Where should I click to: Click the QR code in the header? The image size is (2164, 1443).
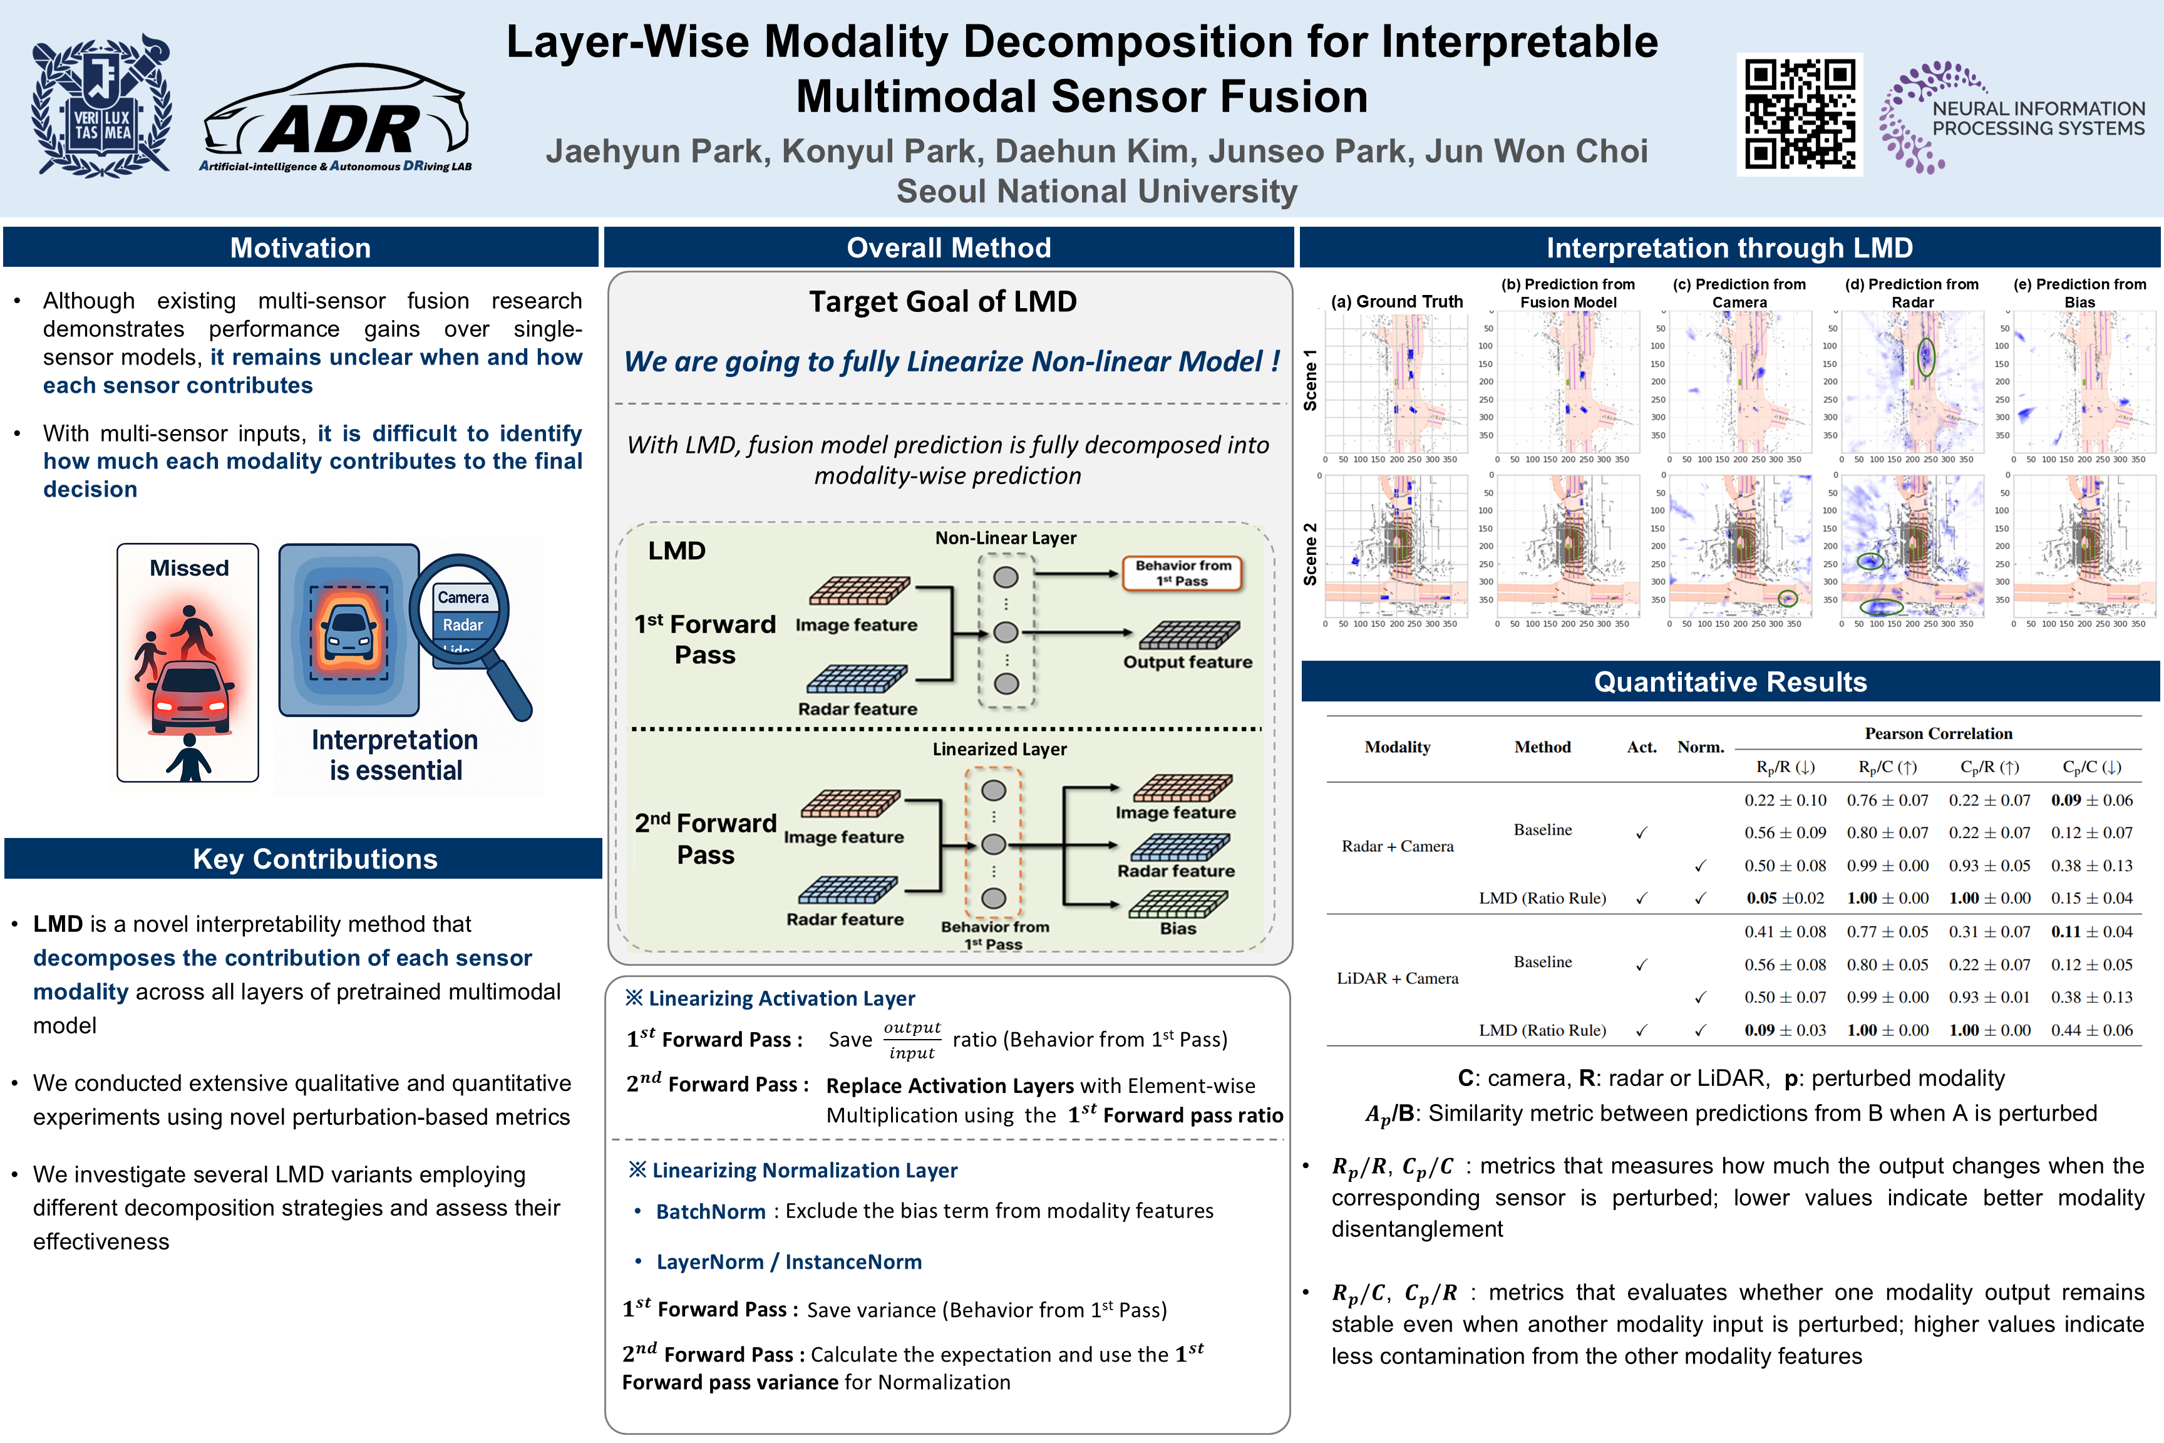(x=1799, y=114)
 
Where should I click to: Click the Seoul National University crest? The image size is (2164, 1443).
(x=101, y=106)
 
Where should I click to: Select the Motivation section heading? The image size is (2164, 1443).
(x=301, y=247)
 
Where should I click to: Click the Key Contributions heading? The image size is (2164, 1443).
(x=315, y=859)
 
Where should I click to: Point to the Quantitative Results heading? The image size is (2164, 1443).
(x=1729, y=682)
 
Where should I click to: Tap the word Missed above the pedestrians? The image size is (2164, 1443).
(x=188, y=568)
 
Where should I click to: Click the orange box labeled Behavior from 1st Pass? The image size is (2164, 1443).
(x=1182, y=572)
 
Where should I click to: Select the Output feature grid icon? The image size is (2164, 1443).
(x=1188, y=635)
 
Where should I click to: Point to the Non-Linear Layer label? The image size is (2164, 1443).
(x=1006, y=537)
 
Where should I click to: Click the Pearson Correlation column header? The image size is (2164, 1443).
(x=1938, y=733)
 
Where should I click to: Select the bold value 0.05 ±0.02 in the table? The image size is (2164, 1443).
(x=1784, y=898)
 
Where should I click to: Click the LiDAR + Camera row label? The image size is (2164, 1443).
(x=1398, y=978)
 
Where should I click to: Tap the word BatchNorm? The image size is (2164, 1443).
(x=710, y=1211)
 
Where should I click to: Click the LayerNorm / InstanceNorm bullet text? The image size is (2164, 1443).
(x=788, y=1262)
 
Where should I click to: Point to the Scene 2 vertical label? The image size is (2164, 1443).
(x=1310, y=554)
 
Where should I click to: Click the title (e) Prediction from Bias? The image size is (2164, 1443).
(x=2079, y=292)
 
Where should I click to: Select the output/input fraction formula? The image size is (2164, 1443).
(x=912, y=1040)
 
